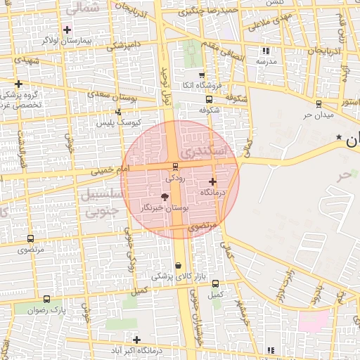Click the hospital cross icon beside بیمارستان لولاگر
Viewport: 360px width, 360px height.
click(67, 30)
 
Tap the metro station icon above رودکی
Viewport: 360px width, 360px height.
click(175, 167)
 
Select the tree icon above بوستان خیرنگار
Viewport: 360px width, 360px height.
click(165, 198)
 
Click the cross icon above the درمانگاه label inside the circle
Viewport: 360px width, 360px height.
click(212, 181)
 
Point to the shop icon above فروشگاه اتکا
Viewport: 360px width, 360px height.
click(202, 75)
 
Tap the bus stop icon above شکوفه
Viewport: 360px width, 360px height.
click(208, 99)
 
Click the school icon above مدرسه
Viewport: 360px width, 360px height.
click(265, 51)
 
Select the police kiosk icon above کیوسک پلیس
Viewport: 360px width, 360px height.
click(118, 112)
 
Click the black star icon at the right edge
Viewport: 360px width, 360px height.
click(339, 136)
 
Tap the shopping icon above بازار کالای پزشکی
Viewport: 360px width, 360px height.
click(177, 265)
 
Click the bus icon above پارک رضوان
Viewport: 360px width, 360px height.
click(46, 299)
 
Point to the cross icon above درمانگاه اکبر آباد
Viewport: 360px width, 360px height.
click(136, 340)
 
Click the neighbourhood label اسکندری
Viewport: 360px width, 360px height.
click(205, 151)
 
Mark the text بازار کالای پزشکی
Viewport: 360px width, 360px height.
click(177, 276)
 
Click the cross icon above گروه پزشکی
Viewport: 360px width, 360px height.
click(18, 84)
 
